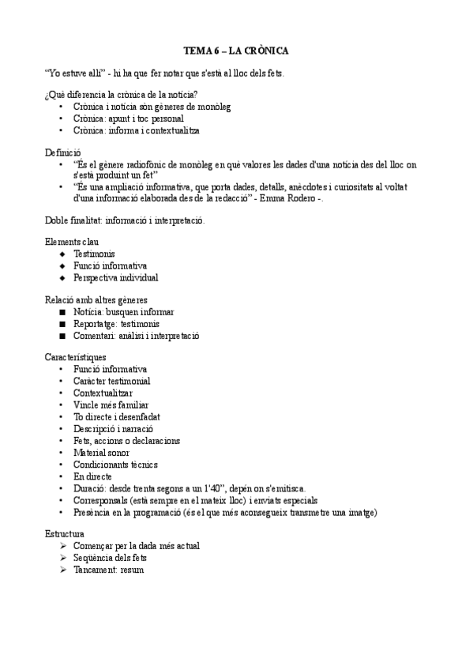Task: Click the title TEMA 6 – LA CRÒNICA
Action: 236,51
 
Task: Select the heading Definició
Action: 63,152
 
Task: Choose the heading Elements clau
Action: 72,243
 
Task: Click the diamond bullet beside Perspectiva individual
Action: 62,278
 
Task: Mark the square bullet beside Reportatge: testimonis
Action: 62,324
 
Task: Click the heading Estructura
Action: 65,534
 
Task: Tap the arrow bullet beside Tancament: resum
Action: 63,570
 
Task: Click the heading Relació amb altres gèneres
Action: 96,300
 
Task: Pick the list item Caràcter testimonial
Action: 112,381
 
